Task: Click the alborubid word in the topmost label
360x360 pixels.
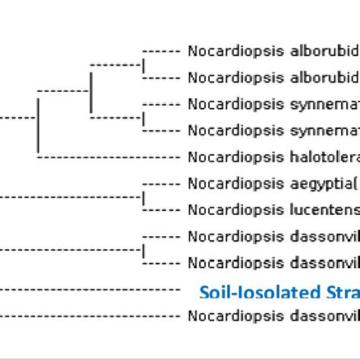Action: coord(322,51)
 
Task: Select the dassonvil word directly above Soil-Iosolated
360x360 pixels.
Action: coord(322,262)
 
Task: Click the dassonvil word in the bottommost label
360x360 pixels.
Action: coord(322,315)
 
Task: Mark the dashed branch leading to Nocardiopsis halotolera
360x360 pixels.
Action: coord(106,157)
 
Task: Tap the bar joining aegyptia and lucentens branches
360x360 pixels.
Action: coord(144,196)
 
